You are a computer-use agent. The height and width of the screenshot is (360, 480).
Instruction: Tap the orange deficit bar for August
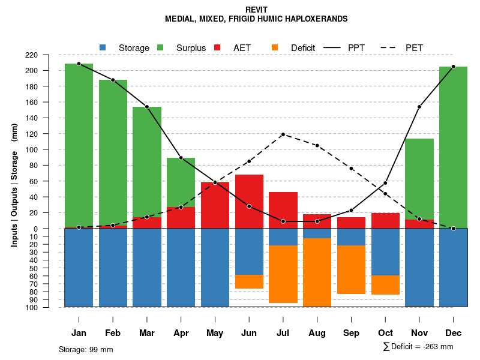tap(317, 272)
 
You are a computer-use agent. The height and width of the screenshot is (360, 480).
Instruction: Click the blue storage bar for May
tap(215, 268)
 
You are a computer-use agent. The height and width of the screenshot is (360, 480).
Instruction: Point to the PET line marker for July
tap(283, 134)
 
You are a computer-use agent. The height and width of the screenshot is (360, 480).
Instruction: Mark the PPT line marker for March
tap(147, 107)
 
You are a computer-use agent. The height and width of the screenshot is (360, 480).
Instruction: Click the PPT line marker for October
tap(385, 183)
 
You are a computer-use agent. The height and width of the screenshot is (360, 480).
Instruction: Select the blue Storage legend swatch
tap(103, 47)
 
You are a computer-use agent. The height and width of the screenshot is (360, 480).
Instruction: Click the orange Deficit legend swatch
tap(275, 47)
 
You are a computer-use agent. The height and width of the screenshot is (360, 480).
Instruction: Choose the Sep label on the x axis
tap(351, 333)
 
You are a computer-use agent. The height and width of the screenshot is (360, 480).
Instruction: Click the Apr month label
tap(181, 333)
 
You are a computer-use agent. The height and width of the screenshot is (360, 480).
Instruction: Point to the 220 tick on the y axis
tap(48, 55)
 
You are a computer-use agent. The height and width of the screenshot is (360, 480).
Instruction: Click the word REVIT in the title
tap(256, 10)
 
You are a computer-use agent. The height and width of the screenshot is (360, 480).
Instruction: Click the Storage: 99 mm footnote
tap(86, 349)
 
